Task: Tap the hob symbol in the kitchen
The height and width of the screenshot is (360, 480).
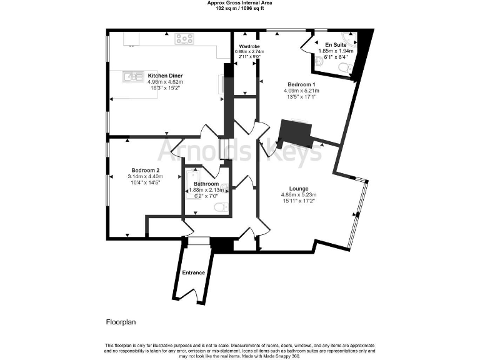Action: [x=184, y=39]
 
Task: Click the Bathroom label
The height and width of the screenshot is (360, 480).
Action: [x=206, y=183]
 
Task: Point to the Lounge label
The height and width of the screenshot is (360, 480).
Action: [x=298, y=188]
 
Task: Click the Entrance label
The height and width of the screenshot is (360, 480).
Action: [x=193, y=272]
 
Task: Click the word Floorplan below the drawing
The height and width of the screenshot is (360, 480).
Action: [x=121, y=322]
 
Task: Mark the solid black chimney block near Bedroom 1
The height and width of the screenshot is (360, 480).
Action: [x=294, y=132]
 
